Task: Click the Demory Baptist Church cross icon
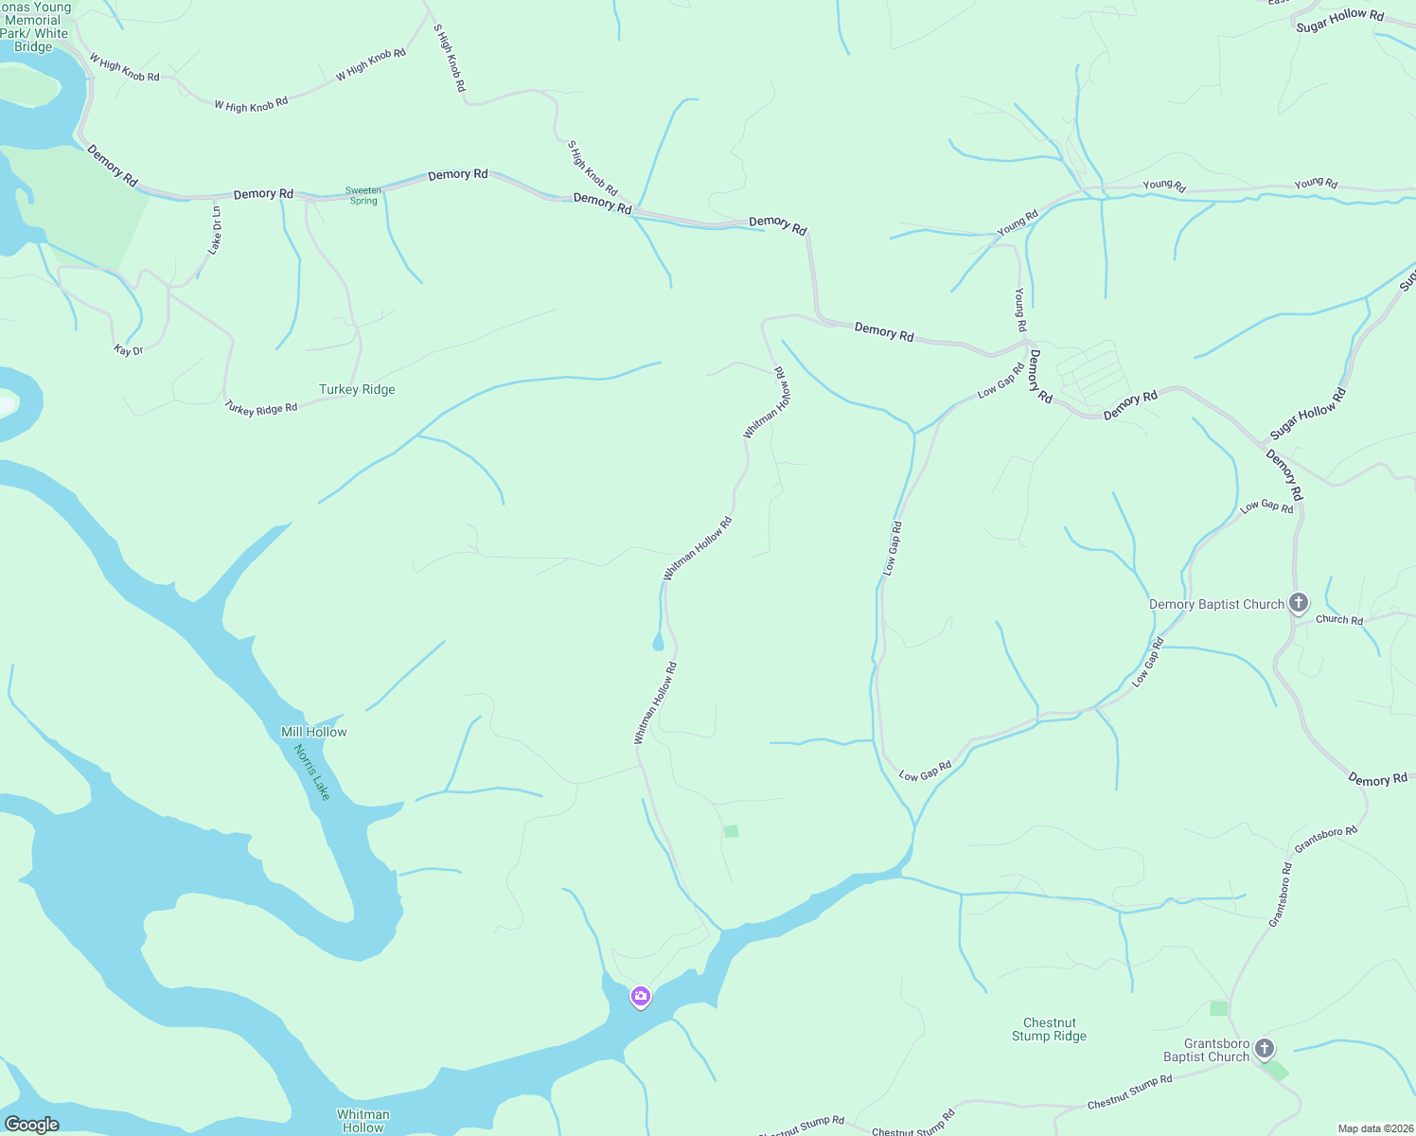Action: tap(1299, 602)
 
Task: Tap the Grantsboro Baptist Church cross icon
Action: tap(1265, 1048)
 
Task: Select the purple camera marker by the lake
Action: tap(641, 996)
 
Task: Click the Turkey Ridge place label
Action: tap(357, 389)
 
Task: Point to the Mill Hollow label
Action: tap(314, 732)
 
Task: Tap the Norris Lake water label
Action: tap(312, 772)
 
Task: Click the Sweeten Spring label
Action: tap(363, 196)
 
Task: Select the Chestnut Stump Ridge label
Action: tap(1049, 1029)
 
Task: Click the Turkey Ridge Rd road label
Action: tap(261, 408)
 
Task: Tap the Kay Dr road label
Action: tap(129, 350)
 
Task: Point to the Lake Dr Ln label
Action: tap(216, 230)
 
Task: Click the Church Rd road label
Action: tap(1339, 619)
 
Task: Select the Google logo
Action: tap(32, 1125)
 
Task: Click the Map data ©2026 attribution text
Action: tap(1374, 1128)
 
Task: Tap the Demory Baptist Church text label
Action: tap(1216, 604)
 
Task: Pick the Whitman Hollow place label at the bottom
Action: tap(363, 1121)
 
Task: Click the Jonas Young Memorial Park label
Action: tap(36, 27)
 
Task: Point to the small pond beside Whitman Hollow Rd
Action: tap(659, 644)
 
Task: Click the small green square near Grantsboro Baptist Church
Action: tap(1218, 1008)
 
